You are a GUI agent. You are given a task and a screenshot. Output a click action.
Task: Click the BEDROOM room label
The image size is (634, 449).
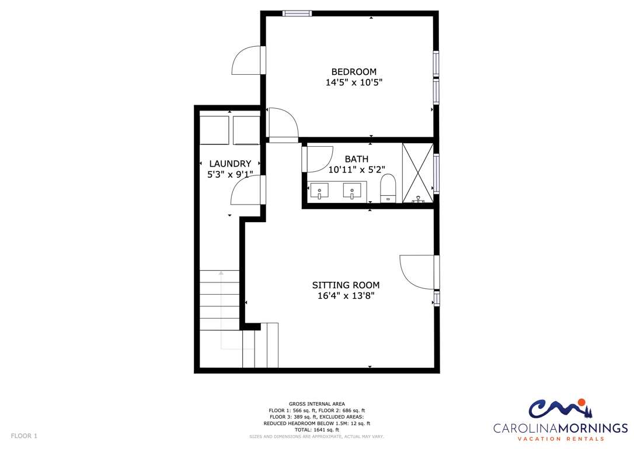[354, 72]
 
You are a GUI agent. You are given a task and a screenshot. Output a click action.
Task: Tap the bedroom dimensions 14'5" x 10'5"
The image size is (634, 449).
[354, 82]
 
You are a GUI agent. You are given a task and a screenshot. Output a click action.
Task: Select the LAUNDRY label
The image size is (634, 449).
[230, 164]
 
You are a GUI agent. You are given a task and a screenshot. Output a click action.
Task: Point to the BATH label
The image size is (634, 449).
[357, 159]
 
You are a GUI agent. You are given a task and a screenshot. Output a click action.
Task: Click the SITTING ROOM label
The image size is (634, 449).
[346, 285]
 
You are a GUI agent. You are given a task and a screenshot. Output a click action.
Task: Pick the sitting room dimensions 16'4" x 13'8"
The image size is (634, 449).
[346, 296]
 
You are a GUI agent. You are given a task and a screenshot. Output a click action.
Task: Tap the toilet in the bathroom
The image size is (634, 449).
[388, 188]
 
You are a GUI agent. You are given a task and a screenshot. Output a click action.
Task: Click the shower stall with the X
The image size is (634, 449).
[417, 173]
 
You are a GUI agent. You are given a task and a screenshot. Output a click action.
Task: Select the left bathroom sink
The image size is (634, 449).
[319, 190]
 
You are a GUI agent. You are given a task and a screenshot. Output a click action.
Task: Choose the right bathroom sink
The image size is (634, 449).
[352, 190]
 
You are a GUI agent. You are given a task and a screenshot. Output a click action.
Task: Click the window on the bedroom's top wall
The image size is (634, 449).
[297, 13]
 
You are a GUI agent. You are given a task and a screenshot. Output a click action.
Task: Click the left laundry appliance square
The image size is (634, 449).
[214, 130]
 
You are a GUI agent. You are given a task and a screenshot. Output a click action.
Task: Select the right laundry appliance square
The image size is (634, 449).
[246, 130]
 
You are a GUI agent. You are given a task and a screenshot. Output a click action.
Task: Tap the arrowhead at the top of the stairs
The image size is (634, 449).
[221, 273]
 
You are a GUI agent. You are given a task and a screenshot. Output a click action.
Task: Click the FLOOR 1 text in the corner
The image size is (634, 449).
[24, 436]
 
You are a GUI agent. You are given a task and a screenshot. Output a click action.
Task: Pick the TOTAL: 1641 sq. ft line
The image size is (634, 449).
[316, 430]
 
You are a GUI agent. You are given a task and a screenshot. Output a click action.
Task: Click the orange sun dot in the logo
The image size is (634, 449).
[581, 402]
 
